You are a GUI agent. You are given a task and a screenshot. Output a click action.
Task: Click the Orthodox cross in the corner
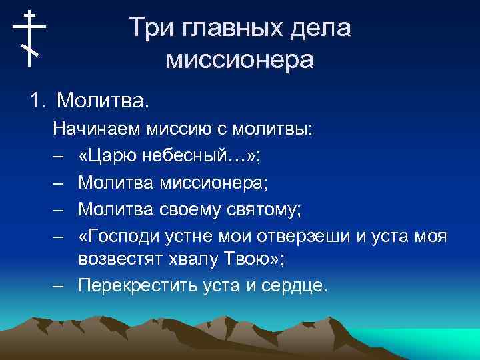pyautogui.click(x=29, y=38)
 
